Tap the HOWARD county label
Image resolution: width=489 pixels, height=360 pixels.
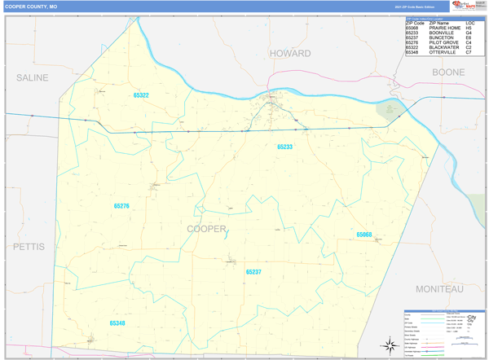coord(290,53)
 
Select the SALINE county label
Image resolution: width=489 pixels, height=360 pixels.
coord(32,77)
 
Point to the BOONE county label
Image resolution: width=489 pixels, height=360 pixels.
coord(447,72)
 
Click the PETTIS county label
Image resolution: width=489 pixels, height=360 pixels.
coord(31,244)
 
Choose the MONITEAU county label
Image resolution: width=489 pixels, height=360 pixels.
coord(438,289)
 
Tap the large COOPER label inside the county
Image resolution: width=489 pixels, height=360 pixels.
coord(206,229)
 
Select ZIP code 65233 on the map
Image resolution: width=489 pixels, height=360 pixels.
coord(284,147)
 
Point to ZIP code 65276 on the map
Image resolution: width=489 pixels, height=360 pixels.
coord(121,206)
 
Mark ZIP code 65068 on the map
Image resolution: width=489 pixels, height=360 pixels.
coord(363,235)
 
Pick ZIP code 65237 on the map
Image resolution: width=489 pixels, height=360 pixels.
coord(253,272)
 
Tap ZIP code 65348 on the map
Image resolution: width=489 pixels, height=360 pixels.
coord(117,323)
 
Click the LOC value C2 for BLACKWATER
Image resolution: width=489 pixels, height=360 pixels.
coord(469,47)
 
